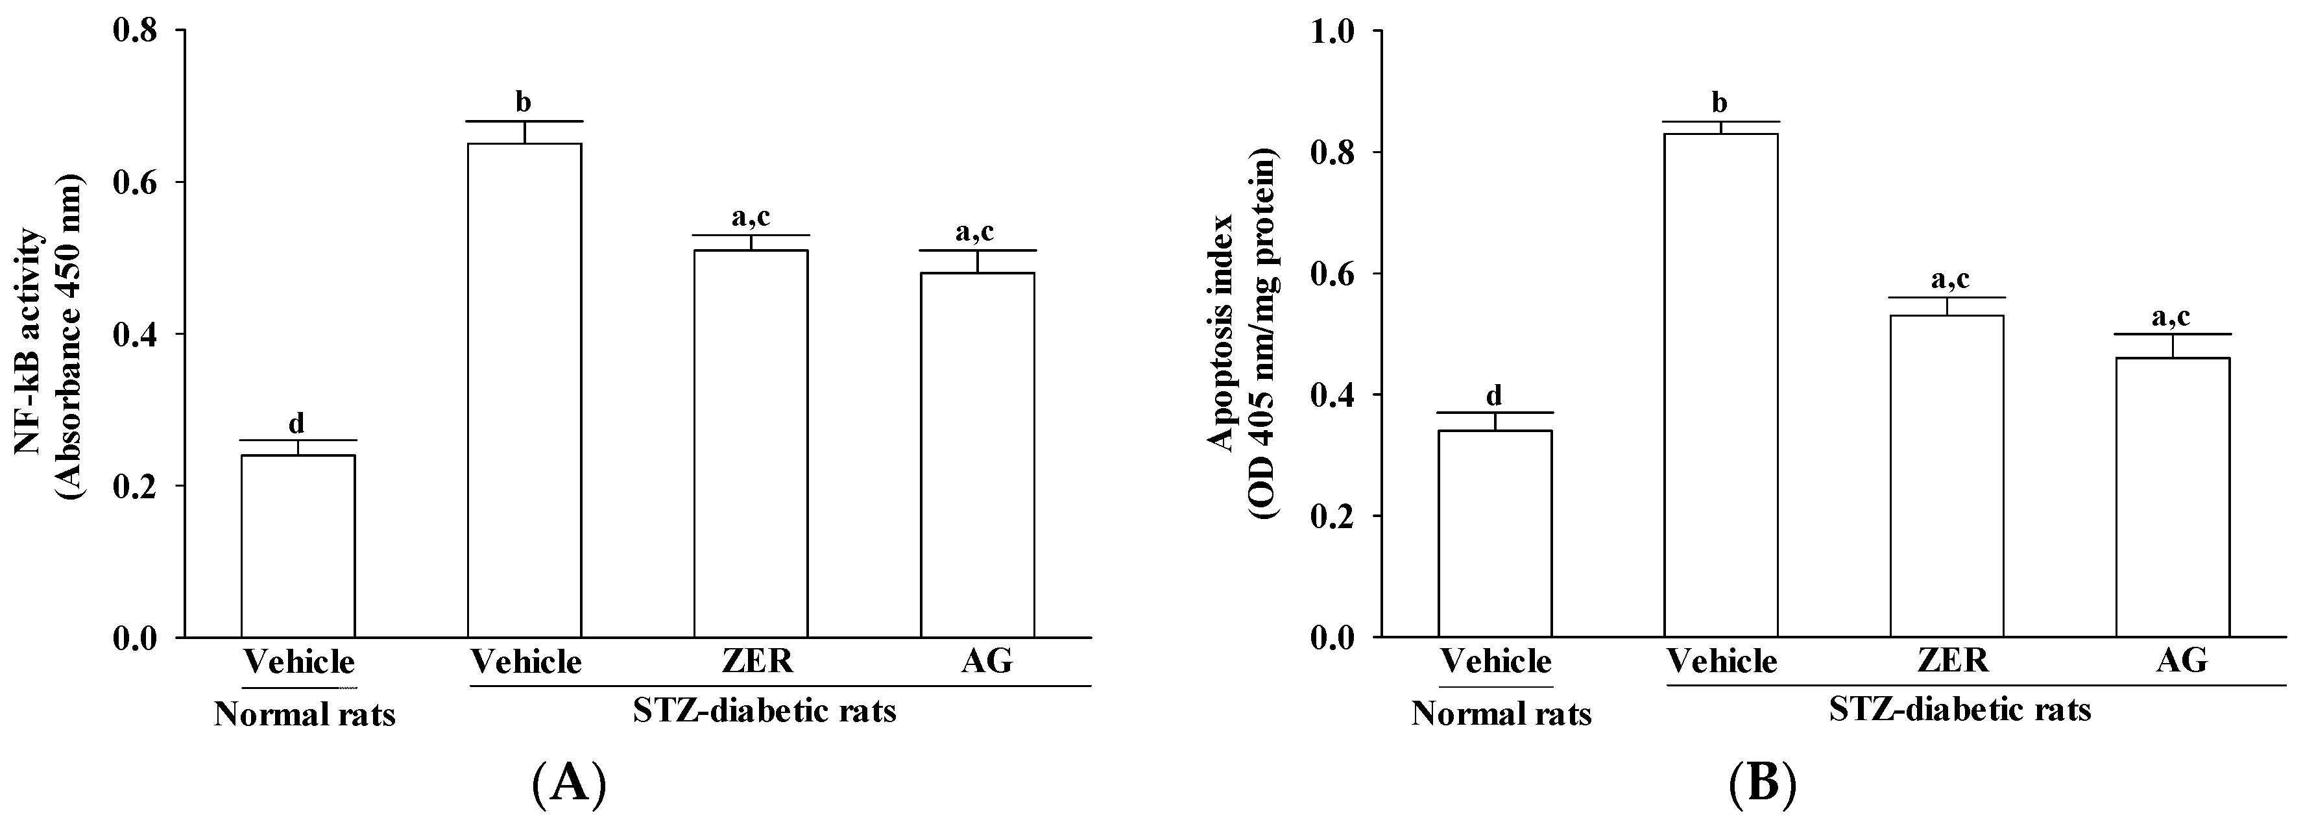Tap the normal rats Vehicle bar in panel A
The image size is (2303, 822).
[x=298, y=546]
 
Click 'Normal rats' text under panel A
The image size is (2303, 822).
[x=304, y=715]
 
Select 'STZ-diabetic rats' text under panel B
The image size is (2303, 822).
[x=1960, y=709]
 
